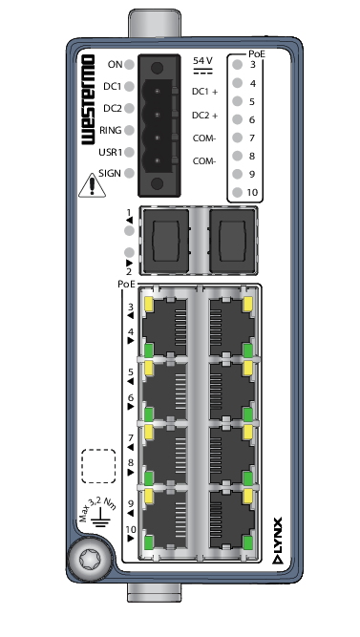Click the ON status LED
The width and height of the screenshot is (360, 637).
tap(129, 64)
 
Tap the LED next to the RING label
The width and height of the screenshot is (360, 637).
tap(129, 131)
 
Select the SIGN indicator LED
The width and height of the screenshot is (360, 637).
tap(129, 174)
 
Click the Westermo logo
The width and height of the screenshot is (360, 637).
tap(88, 99)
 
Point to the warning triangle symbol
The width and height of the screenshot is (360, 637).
tap(93, 185)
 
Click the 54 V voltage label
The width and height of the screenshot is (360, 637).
tap(202, 61)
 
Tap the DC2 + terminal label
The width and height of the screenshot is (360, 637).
tap(204, 116)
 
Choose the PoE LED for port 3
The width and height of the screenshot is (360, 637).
tap(238, 65)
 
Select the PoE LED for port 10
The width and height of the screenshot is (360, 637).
tap(238, 193)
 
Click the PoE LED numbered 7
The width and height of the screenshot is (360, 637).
tap(238, 138)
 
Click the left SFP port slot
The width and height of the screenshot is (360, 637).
tap(165, 240)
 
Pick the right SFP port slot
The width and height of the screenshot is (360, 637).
tap(233, 240)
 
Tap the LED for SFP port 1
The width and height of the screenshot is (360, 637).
tap(129, 231)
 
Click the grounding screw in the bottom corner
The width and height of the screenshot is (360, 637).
tap(88, 561)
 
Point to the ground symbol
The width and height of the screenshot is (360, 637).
tap(100, 518)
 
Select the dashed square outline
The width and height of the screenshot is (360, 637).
tap(98, 466)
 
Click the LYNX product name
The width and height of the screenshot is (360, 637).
tap(277, 541)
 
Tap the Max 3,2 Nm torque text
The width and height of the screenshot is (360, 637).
tap(97, 507)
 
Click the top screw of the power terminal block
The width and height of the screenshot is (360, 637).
tap(158, 68)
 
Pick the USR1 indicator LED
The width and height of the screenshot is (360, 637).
tap(129, 153)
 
